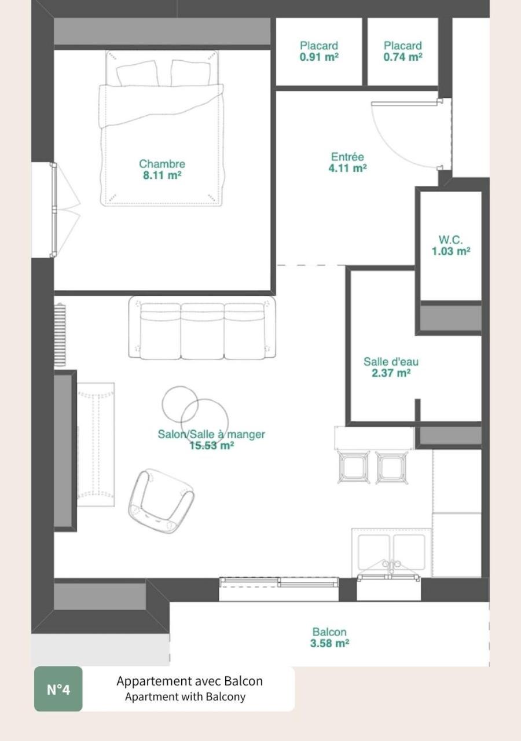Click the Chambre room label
(162, 164)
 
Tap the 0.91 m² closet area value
(319, 57)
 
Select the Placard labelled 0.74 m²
(403, 51)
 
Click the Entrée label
(347, 157)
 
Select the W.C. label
(450, 240)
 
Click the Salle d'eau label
(391, 362)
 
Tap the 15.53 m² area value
(211, 446)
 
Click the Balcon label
(329, 632)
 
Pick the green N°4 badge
(58, 689)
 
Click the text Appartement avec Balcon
(189, 681)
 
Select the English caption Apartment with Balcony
(185, 697)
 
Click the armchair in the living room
(160, 501)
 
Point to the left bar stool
(354, 467)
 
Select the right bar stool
(392, 467)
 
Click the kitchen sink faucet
(391, 566)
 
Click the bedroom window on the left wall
(54, 210)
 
